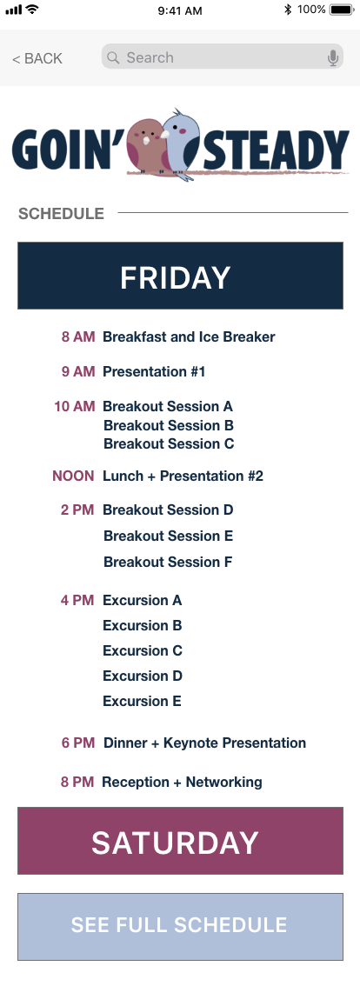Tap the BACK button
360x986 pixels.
click(x=37, y=58)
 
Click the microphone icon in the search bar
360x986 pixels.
click(x=333, y=58)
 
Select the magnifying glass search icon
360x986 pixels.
click(x=113, y=58)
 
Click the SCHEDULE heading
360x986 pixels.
click(x=61, y=214)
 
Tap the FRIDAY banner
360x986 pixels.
click(x=180, y=276)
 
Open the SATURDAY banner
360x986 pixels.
click(x=180, y=841)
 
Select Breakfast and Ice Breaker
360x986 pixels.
click(x=189, y=337)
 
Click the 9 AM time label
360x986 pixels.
click(x=78, y=371)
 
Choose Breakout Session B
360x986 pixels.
click(x=169, y=425)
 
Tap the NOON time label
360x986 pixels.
click(x=73, y=476)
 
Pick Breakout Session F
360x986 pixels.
click(x=168, y=563)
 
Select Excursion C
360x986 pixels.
click(x=143, y=651)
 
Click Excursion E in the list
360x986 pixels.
click(x=142, y=701)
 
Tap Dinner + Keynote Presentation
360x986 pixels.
click(x=204, y=743)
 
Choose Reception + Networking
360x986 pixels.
click(x=182, y=783)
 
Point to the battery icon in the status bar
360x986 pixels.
click(x=342, y=10)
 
